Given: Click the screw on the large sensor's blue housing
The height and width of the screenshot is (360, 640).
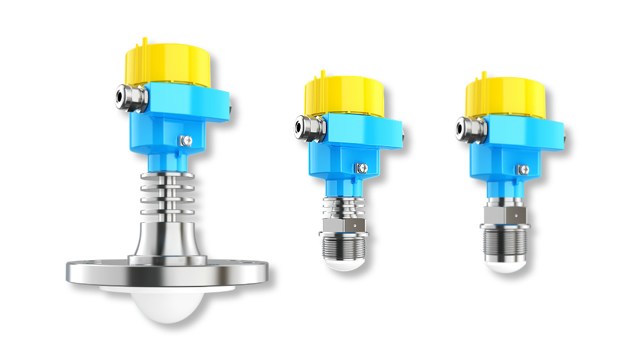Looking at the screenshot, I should (187, 140).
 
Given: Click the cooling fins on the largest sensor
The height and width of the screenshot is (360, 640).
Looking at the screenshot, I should (166, 195).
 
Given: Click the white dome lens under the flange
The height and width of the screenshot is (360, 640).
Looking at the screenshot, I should (167, 303).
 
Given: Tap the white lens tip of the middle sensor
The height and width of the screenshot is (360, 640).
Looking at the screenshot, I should (344, 265).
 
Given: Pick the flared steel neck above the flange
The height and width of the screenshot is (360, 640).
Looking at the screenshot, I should (166, 238).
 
